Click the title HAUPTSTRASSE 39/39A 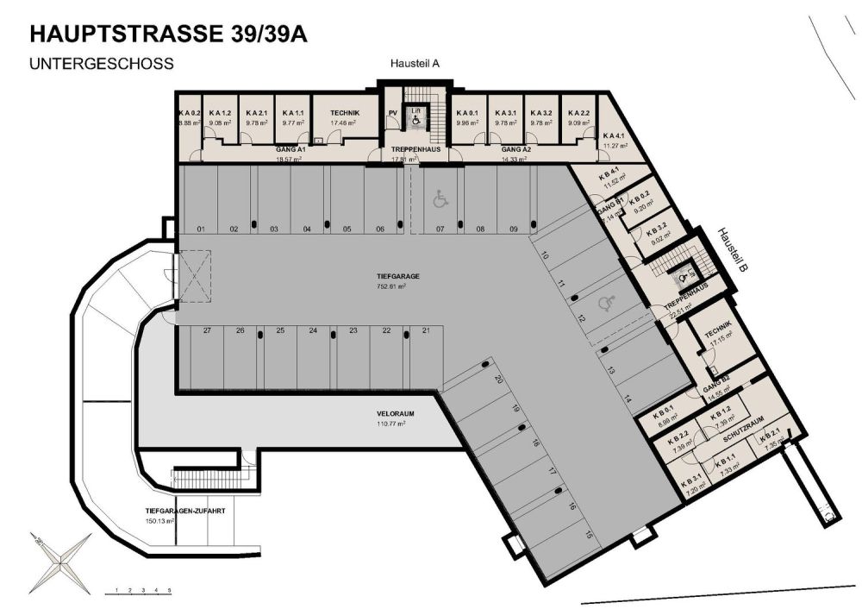[x=167, y=34]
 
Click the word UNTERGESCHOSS [x=102, y=64]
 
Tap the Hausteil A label [x=415, y=63]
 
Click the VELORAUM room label [x=390, y=418]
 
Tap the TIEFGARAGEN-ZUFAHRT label [x=185, y=515]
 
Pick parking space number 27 [x=207, y=330]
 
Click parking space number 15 [x=589, y=535]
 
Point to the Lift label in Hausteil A [x=415, y=110]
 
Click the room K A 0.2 [x=190, y=118]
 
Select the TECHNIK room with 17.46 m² [x=344, y=118]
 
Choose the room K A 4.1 [x=614, y=141]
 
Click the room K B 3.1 [x=693, y=485]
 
